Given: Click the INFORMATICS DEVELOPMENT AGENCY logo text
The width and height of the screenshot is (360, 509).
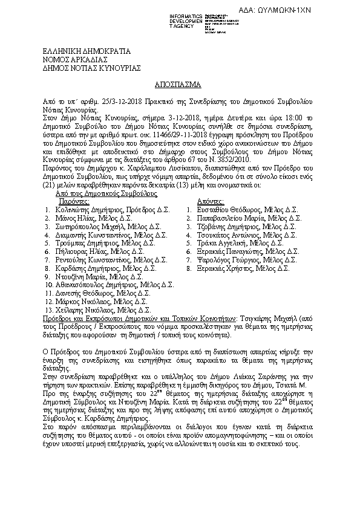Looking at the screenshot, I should click(x=189, y=21).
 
